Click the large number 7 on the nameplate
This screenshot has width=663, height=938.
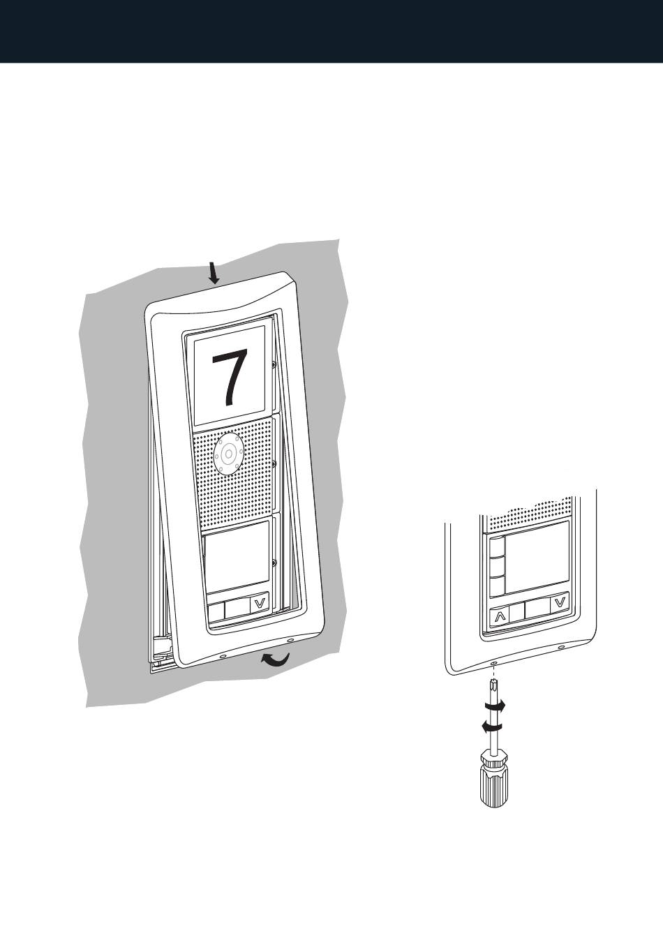click(230, 378)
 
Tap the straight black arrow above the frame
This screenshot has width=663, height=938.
click(214, 273)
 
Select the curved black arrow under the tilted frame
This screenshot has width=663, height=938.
click(275, 660)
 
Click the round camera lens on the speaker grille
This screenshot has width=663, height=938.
click(228, 453)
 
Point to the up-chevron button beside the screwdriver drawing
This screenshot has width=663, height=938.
click(498, 617)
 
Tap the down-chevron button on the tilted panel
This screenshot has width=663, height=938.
click(260, 604)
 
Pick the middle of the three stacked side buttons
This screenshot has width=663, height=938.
click(497, 567)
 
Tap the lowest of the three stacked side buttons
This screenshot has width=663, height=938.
click(497, 586)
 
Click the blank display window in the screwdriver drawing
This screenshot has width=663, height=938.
click(537, 557)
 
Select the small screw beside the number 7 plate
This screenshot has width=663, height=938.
click(273, 366)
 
